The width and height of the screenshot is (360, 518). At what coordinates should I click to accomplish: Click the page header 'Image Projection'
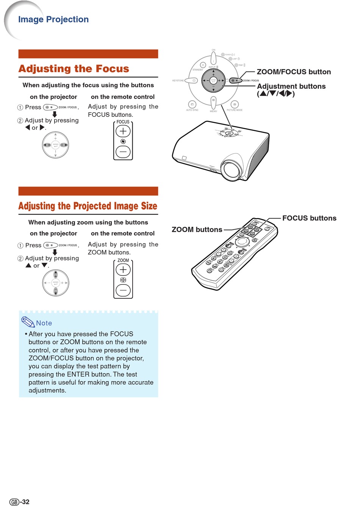(x=53, y=19)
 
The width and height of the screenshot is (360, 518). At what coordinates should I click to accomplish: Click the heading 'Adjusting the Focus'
(x=74, y=69)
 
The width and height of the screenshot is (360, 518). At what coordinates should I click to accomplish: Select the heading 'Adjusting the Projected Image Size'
(x=88, y=206)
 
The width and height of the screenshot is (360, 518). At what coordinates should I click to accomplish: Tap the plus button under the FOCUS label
(x=123, y=131)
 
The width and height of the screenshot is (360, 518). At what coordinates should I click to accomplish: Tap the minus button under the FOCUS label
(x=123, y=152)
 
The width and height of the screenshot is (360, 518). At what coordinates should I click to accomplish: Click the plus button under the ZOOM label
(x=123, y=270)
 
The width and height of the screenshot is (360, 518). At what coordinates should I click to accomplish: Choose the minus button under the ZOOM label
(x=123, y=290)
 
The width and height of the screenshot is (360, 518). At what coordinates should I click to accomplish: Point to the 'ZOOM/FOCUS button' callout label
(x=294, y=72)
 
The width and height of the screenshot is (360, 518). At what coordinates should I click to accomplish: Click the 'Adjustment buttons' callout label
(x=291, y=86)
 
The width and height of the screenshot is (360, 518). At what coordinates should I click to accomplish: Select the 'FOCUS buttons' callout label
(x=309, y=218)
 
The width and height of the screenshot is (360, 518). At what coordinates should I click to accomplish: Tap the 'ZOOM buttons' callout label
(x=197, y=229)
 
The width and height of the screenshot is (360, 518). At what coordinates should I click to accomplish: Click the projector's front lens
(x=231, y=170)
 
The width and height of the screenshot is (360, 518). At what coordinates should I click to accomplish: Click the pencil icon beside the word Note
(x=28, y=322)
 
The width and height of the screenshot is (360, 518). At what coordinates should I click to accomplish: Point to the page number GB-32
(x=19, y=502)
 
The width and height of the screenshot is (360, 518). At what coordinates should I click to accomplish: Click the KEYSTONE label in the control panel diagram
(x=178, y=80)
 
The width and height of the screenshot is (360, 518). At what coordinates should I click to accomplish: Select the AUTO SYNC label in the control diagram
(x=192, y=110)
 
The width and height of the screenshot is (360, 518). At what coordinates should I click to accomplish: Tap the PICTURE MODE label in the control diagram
(x=235, y=110)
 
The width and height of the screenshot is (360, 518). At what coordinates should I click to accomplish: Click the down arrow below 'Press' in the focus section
(x=55, y=114)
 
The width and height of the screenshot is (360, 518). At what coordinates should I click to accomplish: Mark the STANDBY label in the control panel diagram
(x=198, y=70)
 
